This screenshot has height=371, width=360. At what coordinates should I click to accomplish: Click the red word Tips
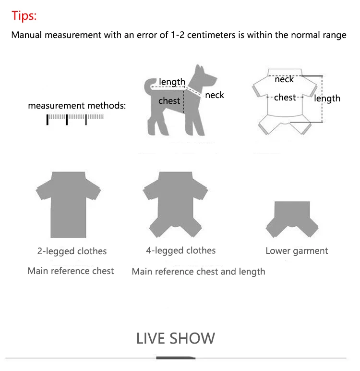(24, 16)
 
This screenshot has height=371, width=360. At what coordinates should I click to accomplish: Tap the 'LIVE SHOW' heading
(175, 338)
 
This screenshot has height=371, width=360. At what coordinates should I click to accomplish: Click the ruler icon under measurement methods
(75, 119)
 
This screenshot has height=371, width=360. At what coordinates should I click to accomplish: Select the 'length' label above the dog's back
(172, 82)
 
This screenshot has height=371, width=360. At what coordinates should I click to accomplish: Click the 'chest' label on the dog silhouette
(169, 101)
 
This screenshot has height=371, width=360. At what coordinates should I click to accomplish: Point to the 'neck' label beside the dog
(215, 95)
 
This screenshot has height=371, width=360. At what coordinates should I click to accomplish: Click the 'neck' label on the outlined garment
(284, 79)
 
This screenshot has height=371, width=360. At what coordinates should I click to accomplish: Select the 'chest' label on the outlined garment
(285, 97)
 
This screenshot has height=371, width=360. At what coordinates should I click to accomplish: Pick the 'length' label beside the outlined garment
(327, 99)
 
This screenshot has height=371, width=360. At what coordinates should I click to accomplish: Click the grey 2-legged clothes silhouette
(68, 204)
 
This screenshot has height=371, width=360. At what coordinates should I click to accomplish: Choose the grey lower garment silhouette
(292, 219)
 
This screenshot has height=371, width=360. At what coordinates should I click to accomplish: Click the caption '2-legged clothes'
(72, 251)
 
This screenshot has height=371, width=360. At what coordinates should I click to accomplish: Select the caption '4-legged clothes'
(181, 250)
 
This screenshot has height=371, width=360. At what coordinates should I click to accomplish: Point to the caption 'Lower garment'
(297, 251)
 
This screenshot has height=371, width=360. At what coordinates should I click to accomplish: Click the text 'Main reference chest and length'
(198, 272)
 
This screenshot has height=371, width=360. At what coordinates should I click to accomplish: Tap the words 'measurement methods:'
(77, 106)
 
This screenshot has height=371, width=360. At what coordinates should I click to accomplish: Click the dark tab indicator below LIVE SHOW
(176, 358)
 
